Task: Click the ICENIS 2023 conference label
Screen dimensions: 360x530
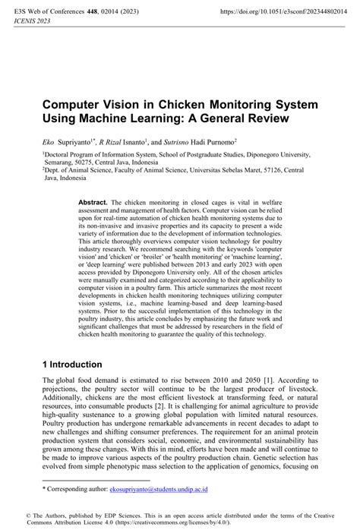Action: tap(25, 23)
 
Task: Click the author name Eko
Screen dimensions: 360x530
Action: tap(49, 142)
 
